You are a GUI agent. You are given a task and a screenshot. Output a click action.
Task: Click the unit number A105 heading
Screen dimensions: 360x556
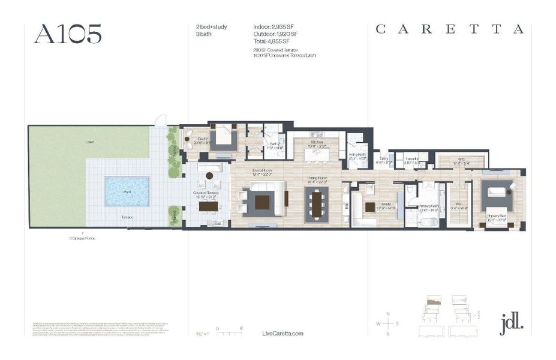click(68, 34)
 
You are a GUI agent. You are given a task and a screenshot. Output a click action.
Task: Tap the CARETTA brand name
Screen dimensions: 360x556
click(450, 29)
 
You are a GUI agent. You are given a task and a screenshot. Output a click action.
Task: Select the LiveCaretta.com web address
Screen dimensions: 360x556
click(283, 334)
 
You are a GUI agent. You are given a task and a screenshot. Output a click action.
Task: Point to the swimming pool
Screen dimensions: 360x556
click(127, 191)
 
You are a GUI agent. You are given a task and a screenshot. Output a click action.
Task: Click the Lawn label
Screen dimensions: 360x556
click(89, 142)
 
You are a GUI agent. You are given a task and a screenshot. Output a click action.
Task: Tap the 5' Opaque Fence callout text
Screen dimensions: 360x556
click(82, 238)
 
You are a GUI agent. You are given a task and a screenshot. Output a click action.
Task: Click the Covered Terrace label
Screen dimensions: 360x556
click(205, 192)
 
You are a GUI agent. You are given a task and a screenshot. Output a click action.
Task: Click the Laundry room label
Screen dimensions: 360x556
click(411, 159)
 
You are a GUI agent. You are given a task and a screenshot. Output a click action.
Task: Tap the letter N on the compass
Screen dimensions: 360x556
click(388, 314)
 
